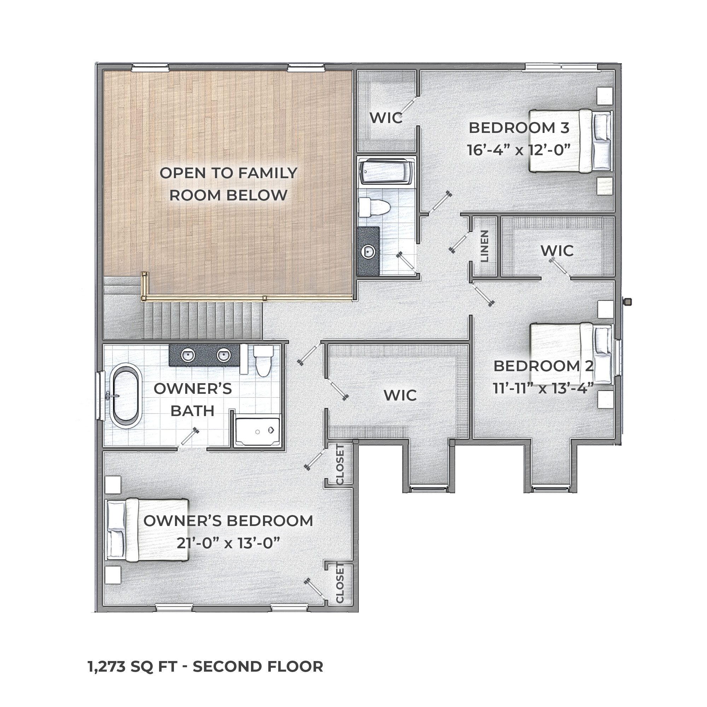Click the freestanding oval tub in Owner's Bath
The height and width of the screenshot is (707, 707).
tap(125, 396)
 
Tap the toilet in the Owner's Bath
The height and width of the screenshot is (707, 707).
tap(263, 361)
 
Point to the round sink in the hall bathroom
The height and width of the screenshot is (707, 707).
tap(368, 251)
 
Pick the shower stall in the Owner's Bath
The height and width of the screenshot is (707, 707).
tap(258, 432)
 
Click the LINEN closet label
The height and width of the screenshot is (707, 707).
tap(485, 246)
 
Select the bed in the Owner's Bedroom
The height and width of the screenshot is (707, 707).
tap(147, 530)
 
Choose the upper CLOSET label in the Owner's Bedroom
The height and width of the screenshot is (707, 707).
tap(340, 465)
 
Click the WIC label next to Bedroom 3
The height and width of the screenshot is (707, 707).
tap(386, 118)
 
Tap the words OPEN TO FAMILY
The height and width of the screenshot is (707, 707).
tap(228, 173)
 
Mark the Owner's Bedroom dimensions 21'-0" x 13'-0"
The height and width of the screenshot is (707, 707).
tap(228, 543)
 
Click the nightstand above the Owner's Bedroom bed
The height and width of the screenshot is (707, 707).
tap(113, 485)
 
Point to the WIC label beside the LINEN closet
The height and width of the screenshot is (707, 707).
tap(557, 251)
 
